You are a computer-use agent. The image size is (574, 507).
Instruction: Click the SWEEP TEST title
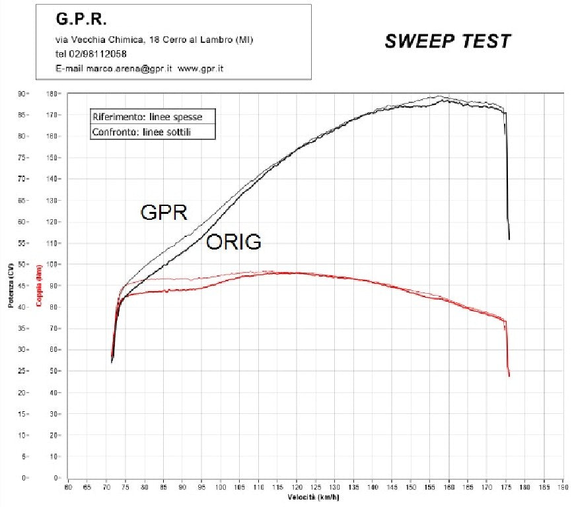tap(447, 41)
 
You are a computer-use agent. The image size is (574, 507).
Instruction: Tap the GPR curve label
tap(164, 212)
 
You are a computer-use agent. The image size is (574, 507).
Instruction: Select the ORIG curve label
tap(234, 242)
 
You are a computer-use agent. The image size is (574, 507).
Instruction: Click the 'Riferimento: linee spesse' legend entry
tap(147, 117)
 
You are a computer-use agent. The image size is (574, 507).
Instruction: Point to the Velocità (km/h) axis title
tap(314, 497)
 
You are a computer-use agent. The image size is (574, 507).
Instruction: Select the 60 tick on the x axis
tap(68, 488)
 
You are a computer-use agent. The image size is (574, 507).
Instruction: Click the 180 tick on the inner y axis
tap(52, 94)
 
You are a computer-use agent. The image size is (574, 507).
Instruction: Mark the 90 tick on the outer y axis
tap(21, 94)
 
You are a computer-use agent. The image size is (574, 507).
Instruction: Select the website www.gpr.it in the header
tap(201, 69)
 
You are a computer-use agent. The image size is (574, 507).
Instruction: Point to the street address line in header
tap(153, 40)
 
